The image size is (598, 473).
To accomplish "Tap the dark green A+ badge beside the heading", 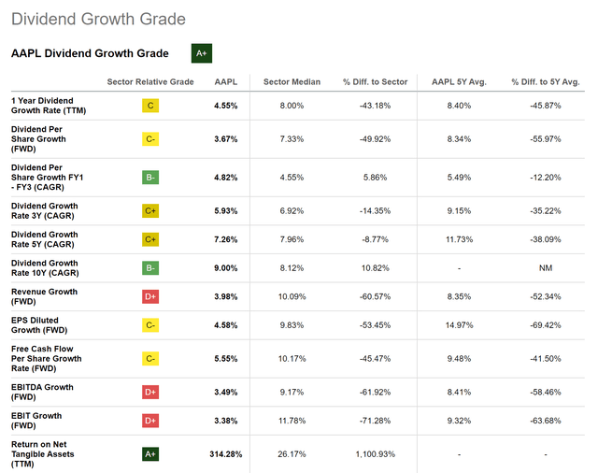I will tap(202, 53).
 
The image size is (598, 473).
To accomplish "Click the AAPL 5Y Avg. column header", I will tap(455, 82).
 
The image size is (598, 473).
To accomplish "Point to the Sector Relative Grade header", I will tap(150, 82).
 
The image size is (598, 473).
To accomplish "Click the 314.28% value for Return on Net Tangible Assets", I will tap(226, 454).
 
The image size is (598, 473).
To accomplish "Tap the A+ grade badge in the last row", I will tap(150, 454).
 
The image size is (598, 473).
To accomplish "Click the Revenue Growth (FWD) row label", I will tap(45, 296).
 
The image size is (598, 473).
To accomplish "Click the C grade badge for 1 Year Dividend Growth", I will tap(150, 106).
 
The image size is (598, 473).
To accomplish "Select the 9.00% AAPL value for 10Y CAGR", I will tap(226, 268).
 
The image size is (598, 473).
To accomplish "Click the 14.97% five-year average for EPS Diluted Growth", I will tap(455, 325).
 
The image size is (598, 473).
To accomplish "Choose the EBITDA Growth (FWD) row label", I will tap(42, 392).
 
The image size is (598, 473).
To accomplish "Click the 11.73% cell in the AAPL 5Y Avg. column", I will tap(455, 239).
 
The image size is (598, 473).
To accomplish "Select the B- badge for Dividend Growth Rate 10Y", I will tap(150, 268).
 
